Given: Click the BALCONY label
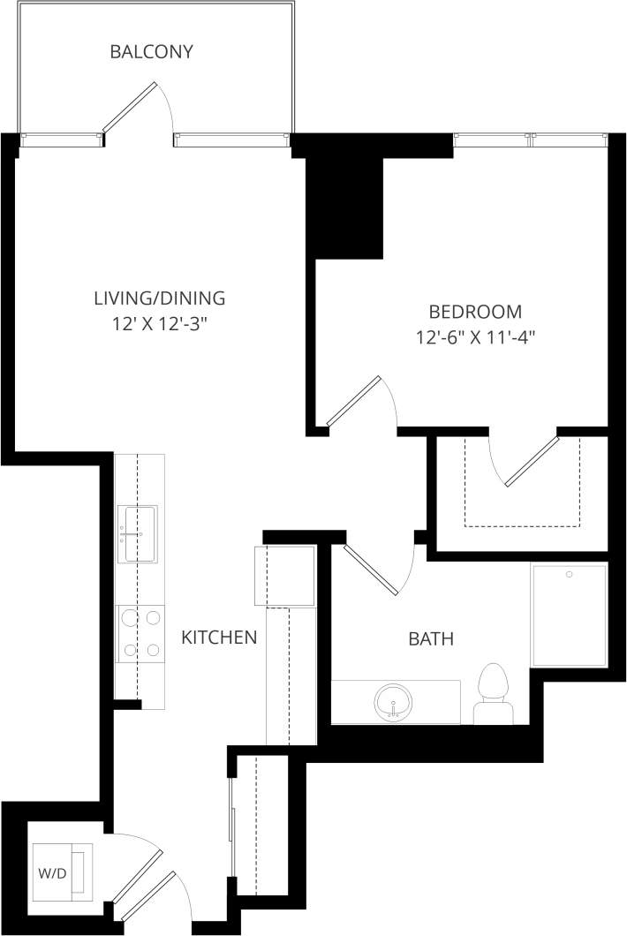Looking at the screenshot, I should (151, 52).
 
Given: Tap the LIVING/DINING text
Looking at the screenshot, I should (160, 298).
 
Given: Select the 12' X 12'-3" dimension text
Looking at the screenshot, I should (160, 324).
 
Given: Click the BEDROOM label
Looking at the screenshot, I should (475, 312).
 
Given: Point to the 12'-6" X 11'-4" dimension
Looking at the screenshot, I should (475, 337).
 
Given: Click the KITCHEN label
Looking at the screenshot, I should (219, 637).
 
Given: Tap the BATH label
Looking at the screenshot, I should (431, 638).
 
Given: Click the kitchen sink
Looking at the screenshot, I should (140, 533).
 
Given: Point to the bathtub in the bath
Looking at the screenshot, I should (570, 615).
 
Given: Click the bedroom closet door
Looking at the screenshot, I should (532, 460).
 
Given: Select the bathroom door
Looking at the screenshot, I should (372, 570).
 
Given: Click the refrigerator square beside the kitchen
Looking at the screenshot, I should (284, 577).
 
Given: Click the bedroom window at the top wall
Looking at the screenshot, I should (531, 139).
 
